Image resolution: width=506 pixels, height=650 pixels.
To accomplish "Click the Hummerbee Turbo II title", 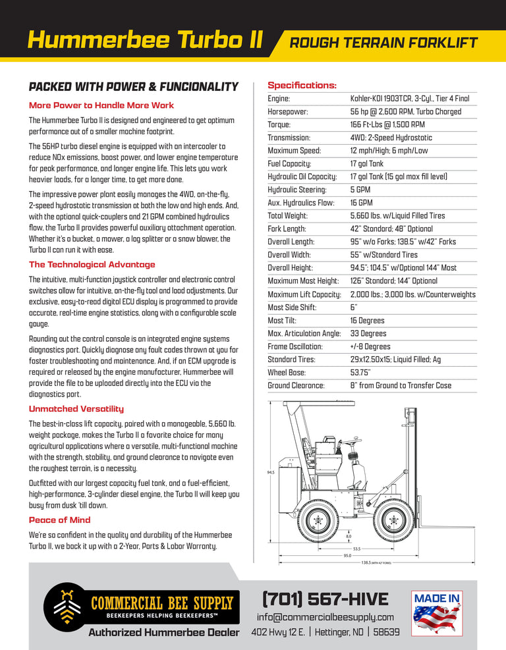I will click(145, 40).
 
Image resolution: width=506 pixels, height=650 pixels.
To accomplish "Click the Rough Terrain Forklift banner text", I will click(383, 43).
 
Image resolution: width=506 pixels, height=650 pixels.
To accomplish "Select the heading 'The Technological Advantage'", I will click(92, 265).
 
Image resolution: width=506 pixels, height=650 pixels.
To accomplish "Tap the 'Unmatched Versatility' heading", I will click(76, 409).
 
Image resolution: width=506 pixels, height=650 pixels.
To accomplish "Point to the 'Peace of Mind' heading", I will click(60, 520).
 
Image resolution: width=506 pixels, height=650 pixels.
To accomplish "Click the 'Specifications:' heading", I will click(302, 86).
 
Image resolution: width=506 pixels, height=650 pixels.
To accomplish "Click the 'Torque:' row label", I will click(279, 124).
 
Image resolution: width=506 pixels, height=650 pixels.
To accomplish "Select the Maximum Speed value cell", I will click(389, 151).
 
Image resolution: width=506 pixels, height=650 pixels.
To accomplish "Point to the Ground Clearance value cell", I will click(401, 386).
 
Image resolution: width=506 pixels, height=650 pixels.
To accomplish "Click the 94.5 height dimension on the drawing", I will click(270, 472).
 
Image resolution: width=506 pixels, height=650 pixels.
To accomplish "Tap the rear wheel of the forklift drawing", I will click(318, 520).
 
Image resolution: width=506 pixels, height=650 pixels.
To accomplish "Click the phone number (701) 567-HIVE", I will click(325, 599).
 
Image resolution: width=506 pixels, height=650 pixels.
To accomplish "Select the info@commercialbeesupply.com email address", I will click(325, 617).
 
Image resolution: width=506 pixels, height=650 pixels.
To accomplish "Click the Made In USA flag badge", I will click(437, 613).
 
